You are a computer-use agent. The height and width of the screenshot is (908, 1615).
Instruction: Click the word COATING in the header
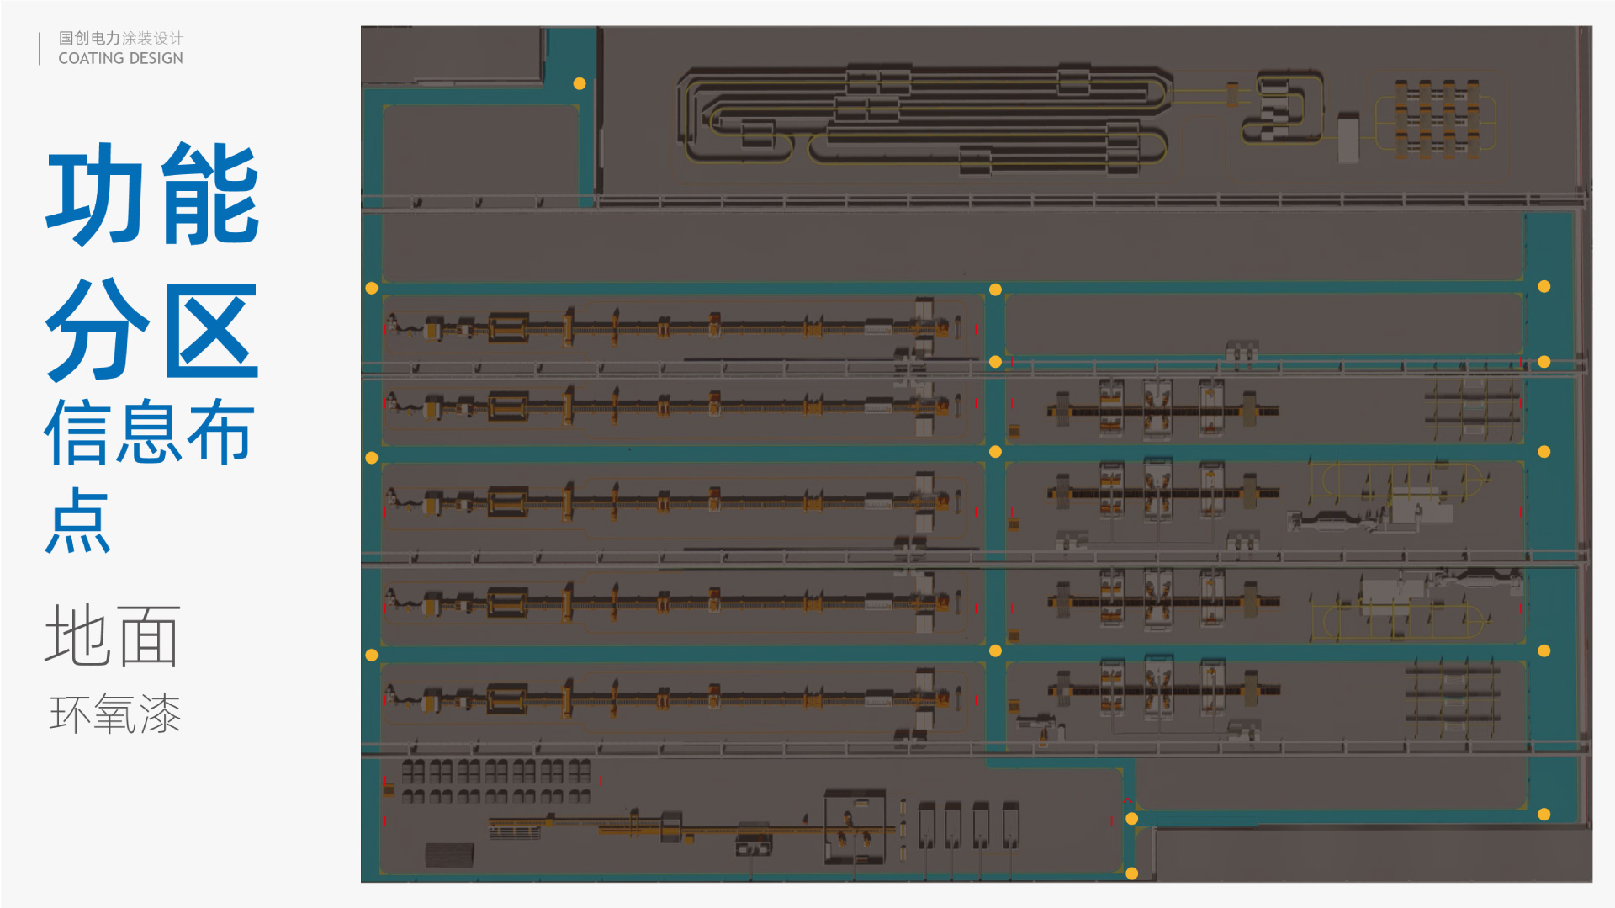click(91, 58)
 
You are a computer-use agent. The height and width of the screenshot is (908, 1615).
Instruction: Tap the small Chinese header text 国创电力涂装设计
click(120, 38)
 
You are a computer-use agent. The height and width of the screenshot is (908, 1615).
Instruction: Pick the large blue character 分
click(98, 330)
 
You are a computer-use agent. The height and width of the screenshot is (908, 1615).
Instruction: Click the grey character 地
click(77, 635)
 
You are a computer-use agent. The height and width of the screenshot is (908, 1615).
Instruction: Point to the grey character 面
click(149, 635)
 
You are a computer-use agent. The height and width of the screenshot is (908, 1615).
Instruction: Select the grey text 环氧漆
click(115, 714)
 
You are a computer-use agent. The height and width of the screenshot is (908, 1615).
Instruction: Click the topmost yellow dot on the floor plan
click(580, 83)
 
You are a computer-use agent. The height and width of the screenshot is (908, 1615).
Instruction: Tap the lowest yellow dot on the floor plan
click(1132, 873)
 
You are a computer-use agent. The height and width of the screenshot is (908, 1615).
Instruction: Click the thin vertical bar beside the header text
click(40, 48)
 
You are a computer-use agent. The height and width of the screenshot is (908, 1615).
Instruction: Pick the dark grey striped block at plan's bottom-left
click(449, 855)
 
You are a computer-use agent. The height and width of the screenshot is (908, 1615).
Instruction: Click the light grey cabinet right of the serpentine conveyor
click(1348, 137)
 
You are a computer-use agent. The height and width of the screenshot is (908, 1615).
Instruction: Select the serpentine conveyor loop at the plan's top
click(925, 119)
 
